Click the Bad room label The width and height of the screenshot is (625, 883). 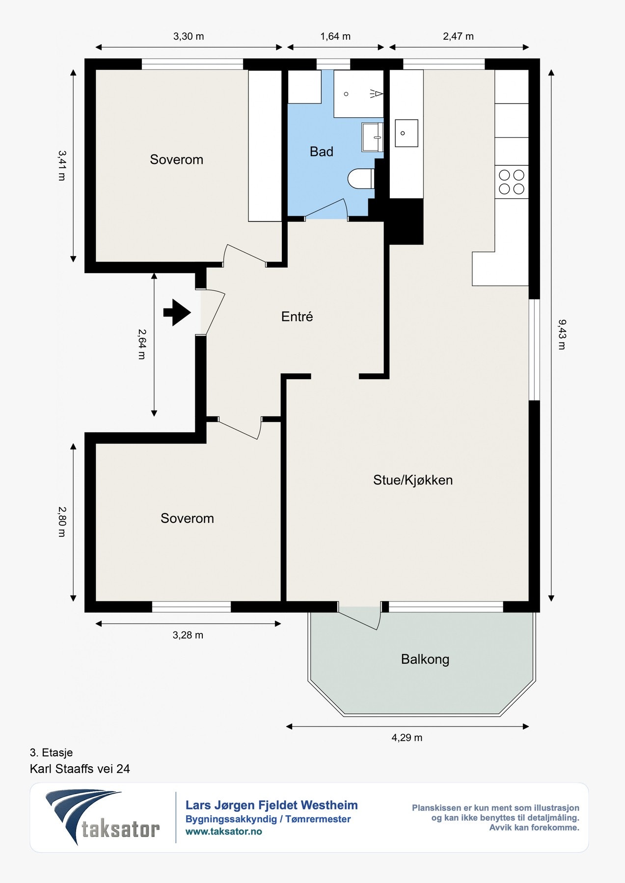[322, 152]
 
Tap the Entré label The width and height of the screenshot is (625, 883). [297, 316]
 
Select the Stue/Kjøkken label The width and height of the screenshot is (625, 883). [413, 480]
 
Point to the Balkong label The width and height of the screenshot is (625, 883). [425, 659]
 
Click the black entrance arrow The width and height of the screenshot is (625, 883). [177, 312]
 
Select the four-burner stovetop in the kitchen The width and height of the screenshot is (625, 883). [512, 182]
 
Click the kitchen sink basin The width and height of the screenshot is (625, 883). [407, 133]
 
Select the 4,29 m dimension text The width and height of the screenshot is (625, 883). [407, 737]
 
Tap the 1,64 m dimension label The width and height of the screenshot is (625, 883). [335, 36]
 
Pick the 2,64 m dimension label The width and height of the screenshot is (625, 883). [142, 344]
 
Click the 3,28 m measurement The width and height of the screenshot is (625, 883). [188, 635]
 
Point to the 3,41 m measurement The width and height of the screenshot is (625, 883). [61, 165]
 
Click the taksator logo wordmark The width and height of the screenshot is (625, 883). [120, 829]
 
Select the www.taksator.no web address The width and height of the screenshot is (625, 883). [224, 831]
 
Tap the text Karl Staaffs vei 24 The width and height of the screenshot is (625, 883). [80, 769]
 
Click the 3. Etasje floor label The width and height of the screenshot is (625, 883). [51, 753]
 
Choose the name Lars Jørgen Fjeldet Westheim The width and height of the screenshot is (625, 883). [272, 805]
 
